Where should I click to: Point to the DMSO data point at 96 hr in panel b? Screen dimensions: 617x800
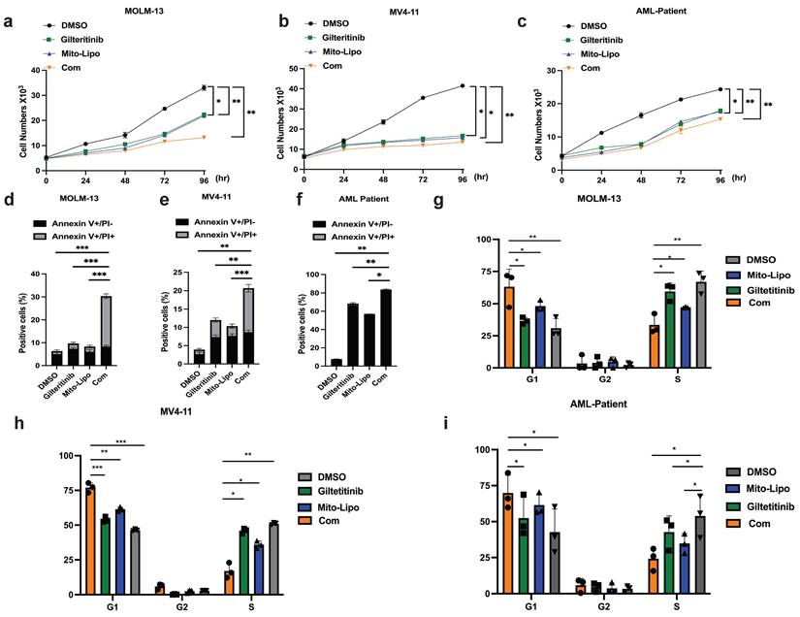(463, 85)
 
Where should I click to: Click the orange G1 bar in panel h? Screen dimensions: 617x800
(89, 538)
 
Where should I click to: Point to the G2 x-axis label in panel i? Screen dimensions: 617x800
(603, 605)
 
